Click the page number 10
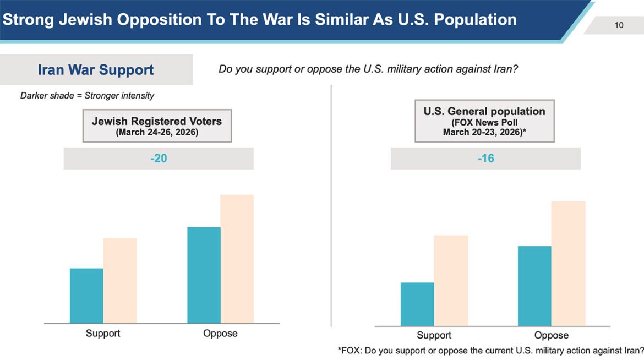(x=619, y=25)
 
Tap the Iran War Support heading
(x=96, y=70)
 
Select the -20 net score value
(x=159, y=159)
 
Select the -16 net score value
(x=485, y=159)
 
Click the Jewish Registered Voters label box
(x=157, y=126)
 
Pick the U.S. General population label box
(x=484, y=121)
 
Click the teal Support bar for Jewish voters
(x=86, y=296)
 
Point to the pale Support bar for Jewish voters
(x=120, y=281)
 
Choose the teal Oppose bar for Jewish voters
(x=204, y=275)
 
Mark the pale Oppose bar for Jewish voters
(x=237, y=259)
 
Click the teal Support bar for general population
(x=417, y=304)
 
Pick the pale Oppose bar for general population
(x=568, y=264)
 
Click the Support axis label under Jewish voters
(x=103, y=333)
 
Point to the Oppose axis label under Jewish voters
(x=220, y=333)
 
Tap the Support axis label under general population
(x=434, y=335)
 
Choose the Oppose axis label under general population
(x=551, y=335)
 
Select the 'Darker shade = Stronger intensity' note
(x=87, y=95)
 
